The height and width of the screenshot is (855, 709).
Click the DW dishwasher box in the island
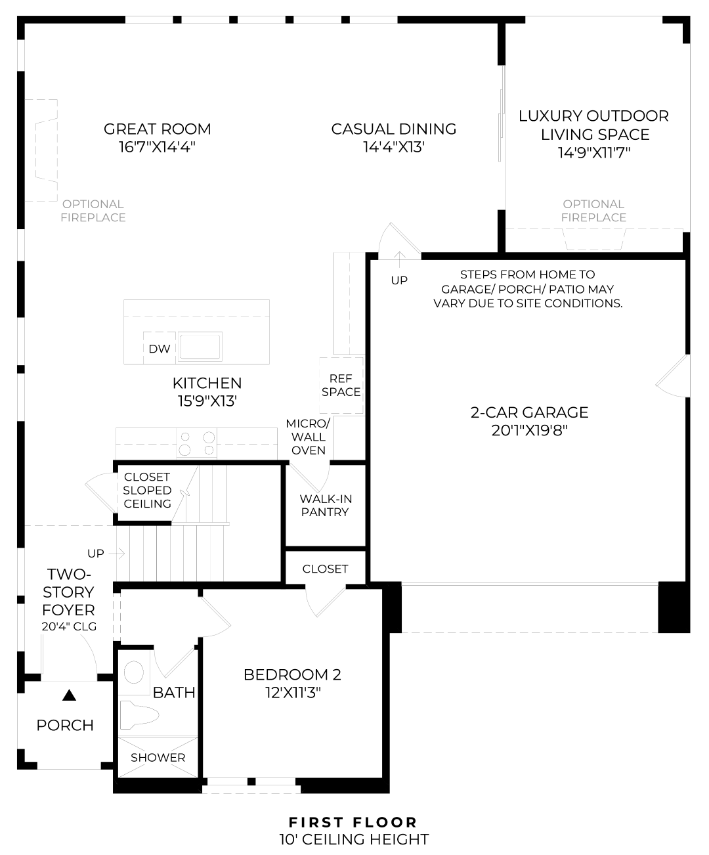159,349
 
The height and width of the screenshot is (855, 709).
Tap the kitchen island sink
201,346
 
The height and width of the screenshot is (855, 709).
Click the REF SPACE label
341,385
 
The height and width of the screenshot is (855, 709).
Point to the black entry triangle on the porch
69,695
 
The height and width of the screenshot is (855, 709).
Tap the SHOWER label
158,757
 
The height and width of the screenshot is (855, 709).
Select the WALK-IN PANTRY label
325,506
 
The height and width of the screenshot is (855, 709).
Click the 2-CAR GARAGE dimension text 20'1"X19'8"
529,431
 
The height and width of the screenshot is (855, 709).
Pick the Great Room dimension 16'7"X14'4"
158,147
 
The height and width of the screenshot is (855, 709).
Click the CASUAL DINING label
394,129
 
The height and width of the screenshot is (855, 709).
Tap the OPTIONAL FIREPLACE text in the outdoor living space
593,211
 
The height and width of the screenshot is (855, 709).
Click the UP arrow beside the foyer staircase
118,554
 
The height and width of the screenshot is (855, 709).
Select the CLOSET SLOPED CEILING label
147,490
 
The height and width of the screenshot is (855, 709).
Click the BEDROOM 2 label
292,674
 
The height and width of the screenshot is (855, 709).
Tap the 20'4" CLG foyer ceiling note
69,626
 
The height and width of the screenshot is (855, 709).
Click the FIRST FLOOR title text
353,822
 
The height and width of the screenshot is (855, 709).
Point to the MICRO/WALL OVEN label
308,437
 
